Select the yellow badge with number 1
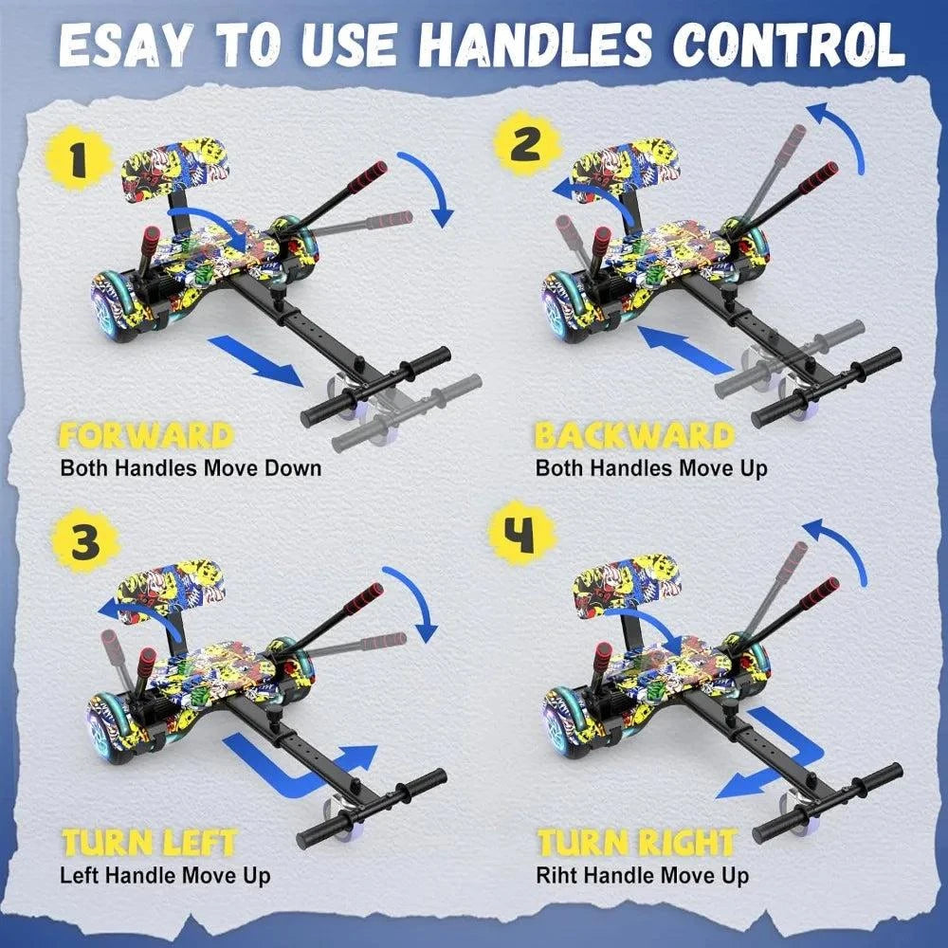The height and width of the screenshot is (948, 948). (78, 157)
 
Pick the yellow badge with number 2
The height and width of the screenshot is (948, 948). (526, 143)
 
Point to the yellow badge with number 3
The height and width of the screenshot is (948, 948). (85, 541)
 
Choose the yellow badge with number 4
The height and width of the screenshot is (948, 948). (521, 533)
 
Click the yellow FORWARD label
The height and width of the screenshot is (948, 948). (146, 436)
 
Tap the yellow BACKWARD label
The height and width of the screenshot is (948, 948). (635, 436)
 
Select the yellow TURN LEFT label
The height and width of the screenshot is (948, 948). (149, 843)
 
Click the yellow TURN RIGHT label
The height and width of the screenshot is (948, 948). (637, 843)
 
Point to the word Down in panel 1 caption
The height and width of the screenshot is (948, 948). (293, 468)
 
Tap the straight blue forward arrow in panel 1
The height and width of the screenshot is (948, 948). (255, 361)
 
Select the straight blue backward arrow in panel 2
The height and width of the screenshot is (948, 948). (686, 350)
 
